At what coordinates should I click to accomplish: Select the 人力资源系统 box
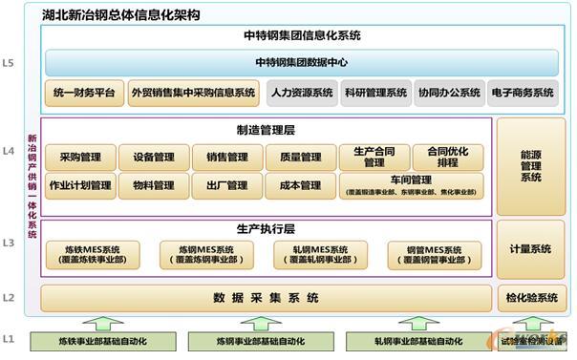(301, 93)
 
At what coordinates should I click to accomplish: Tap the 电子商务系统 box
(521, 93)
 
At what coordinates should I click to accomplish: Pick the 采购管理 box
(80, 158)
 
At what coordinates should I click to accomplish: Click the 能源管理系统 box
(530, 164)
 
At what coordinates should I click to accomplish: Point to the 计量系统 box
(530, 249)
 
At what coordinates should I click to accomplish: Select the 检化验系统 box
(530, 298)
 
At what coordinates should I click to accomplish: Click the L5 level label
(9, 65)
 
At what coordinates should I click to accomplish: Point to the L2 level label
(9, 298)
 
